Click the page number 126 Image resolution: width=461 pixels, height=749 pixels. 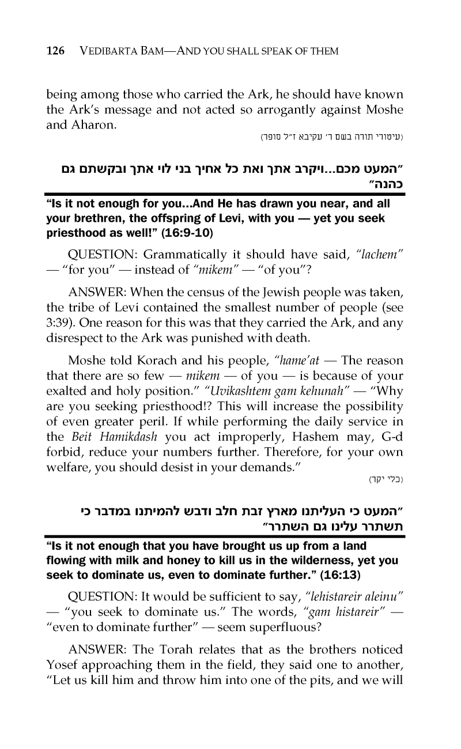tap(55, 51)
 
